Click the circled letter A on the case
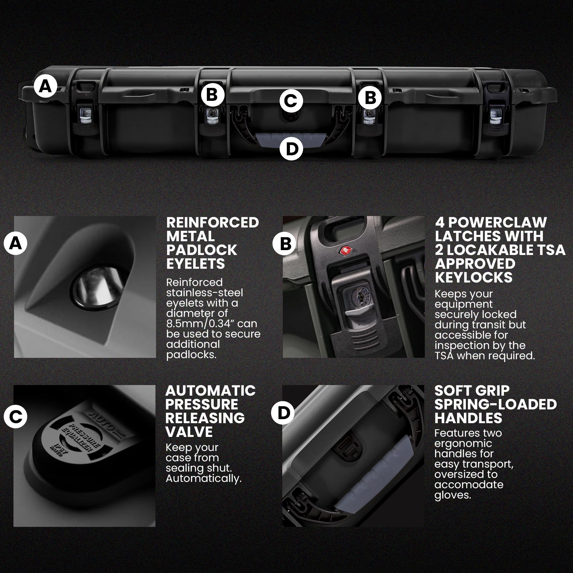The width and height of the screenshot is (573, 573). coord(45,86)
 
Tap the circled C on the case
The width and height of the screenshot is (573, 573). coord(291,101)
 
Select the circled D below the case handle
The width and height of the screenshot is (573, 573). coord(291,149)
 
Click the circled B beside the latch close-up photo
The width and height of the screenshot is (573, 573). coord(284,244)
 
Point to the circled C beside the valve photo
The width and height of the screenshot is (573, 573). coord(15,416)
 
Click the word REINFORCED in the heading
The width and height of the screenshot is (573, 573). coord(213,223)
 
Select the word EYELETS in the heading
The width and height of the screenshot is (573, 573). coord(195,264)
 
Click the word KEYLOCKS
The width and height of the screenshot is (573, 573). coord(474,278)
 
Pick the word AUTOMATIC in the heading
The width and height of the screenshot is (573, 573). coord(210,390)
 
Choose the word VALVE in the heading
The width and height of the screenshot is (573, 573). coord(189,432)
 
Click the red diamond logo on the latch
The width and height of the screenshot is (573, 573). coord(346,251)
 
